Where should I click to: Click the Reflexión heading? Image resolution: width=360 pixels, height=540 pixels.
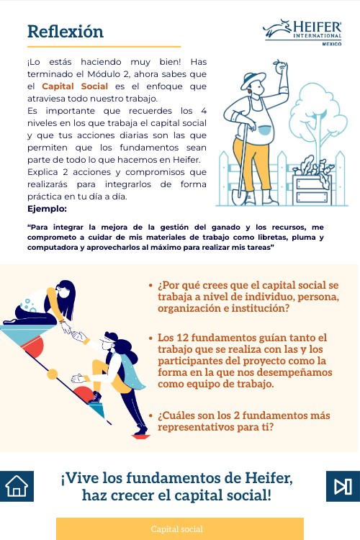[66, 32]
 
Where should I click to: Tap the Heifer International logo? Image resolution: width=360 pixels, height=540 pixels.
[302, 32]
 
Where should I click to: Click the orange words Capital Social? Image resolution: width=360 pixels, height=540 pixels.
[75, 86]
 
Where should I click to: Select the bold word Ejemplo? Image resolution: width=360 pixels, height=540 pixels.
[47, 209]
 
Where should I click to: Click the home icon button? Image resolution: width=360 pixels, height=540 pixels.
[17, 486]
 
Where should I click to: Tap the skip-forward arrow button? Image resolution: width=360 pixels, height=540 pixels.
[343, 486]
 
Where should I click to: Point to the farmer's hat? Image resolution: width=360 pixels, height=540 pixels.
[253, 80]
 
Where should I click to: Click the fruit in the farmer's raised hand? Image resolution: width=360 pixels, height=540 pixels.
[280, 67]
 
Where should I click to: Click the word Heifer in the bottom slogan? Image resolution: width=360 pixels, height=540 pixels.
[269, 478]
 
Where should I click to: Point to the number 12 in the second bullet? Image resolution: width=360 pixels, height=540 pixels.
[183, 338]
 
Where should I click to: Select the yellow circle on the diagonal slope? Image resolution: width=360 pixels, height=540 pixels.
[52, 374]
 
